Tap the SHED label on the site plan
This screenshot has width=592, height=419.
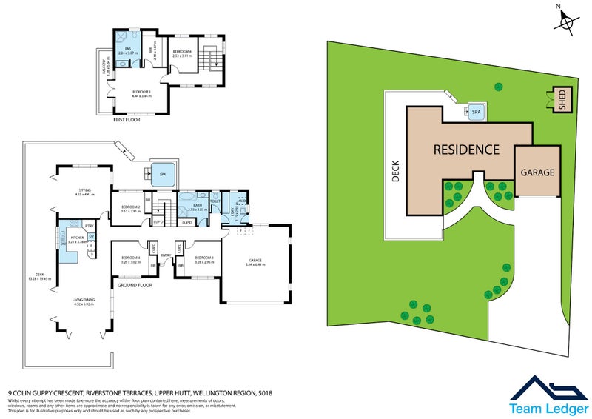562,99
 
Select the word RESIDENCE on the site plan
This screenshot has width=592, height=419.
466,149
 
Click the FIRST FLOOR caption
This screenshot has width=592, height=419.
127,118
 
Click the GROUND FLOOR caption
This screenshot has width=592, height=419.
133,284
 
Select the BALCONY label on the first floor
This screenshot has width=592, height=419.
105,70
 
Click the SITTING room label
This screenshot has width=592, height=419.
86,190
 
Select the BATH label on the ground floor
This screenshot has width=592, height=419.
198,206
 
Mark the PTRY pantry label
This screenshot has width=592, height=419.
88,226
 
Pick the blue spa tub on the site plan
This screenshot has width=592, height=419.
476,113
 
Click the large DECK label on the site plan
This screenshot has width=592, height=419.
395,172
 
